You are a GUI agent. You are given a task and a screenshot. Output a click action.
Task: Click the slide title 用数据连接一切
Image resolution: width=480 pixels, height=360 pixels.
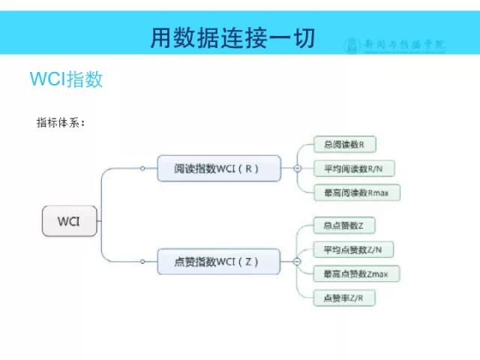[233, 37]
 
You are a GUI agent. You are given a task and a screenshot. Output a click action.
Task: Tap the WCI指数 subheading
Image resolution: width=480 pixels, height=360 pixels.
[66, 79]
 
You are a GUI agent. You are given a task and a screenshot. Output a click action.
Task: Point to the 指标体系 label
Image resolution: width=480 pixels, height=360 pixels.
[61, 122]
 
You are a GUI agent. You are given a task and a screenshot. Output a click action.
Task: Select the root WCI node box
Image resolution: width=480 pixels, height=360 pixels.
[69, 221]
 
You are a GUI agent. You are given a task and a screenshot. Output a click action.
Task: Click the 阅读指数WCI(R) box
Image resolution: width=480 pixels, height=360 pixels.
[218, 168]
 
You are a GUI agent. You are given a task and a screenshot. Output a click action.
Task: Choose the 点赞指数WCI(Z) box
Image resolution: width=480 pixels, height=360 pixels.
[218, 261]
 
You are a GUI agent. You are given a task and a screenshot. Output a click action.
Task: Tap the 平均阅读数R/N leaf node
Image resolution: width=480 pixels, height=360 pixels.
[352, 168]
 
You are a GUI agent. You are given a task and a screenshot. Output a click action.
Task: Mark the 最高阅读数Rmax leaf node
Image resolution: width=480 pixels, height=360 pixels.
[356, 193]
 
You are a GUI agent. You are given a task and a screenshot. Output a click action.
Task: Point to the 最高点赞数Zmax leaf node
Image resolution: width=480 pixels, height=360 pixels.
[356, 274]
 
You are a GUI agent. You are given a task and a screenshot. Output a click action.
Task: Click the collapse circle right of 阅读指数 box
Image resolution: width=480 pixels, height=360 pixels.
[297, 169]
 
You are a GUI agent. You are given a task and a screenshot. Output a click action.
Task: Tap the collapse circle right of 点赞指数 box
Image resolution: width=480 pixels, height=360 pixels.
[297, 261]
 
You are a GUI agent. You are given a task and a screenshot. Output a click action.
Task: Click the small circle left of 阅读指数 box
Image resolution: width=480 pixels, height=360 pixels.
[142, 169]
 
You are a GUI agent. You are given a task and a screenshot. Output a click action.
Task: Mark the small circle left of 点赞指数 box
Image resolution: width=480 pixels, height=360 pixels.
[142, 261]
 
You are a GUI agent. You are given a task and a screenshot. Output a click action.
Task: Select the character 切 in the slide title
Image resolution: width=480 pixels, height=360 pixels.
[304, 37]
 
